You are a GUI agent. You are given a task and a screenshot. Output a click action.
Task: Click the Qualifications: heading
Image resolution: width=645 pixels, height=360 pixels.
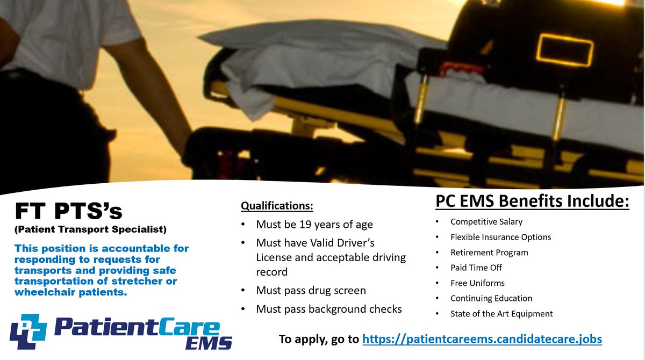(277, 205)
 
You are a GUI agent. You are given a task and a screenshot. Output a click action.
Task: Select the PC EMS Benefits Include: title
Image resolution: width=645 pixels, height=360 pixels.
(532, 203)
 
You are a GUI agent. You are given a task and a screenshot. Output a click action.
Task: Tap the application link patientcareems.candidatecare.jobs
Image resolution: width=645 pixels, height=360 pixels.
(482, 339)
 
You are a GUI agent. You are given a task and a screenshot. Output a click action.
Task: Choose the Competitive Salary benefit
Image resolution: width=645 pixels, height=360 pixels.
(486, 221)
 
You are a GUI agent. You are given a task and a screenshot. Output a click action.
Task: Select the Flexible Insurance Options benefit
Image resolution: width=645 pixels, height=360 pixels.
(500, 237)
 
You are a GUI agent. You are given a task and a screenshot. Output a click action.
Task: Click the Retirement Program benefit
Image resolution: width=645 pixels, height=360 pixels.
(489, 253)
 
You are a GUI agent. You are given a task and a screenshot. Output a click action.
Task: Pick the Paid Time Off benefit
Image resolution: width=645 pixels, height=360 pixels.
(476, 268)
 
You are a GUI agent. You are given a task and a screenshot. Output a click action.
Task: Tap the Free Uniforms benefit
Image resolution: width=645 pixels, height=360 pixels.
(477, 283)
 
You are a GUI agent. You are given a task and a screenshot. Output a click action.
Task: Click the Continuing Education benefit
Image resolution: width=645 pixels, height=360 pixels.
(491, 298)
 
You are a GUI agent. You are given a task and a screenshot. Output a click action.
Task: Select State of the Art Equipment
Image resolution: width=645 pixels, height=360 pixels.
(501, 314)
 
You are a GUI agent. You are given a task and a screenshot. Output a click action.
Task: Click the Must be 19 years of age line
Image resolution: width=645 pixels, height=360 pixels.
(314, 224)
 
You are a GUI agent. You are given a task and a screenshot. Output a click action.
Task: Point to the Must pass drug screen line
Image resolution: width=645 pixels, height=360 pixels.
(311, 290)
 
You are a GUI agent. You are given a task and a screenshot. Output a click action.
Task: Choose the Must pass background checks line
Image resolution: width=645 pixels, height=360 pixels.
(329, 309)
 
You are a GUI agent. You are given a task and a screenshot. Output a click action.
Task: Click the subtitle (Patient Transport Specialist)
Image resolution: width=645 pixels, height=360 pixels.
(90, 230)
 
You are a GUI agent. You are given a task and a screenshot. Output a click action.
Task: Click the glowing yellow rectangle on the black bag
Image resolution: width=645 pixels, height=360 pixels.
(564, 50)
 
